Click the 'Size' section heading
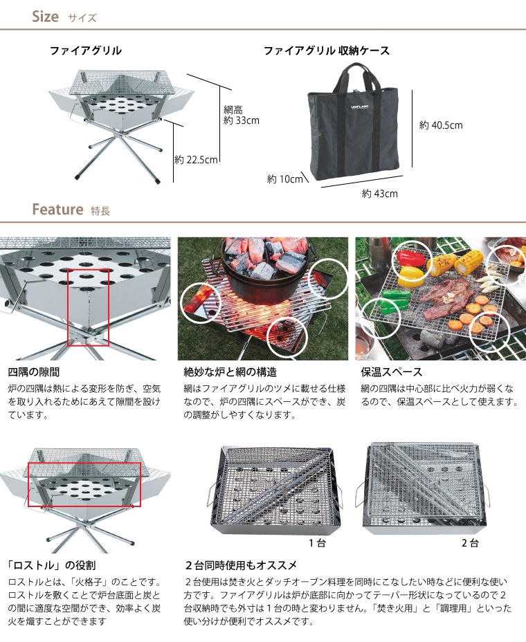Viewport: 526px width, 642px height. [x=46, y=17]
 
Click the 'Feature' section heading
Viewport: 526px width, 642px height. [x=57, y=209]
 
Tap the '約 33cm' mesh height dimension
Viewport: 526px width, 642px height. [x=242, y=120]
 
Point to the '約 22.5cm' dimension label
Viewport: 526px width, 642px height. [x=196, y=160]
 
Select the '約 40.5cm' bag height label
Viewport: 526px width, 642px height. [x=441, y=125]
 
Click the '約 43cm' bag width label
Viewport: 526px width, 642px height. [x=380, y=194]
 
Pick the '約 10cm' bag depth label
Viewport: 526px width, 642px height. [x=284, y=179]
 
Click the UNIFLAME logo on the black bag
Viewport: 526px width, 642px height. [x=360, y=107]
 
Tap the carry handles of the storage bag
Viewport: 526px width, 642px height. [x=357, y=77]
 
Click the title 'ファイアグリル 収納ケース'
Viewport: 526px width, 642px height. [x=327, y=51]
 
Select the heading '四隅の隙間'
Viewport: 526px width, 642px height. [x=34, y=372]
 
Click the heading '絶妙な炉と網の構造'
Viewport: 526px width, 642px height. [x=230, y=372]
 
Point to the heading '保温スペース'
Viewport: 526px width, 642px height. [x=391, y=372]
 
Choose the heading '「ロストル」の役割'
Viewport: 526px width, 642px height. [x=52, y=565]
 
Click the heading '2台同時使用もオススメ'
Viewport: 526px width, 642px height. [x=241, y=565]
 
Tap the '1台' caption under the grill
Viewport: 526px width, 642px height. [x=317, y=543]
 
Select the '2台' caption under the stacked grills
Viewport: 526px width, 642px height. [x=470, y=543]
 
